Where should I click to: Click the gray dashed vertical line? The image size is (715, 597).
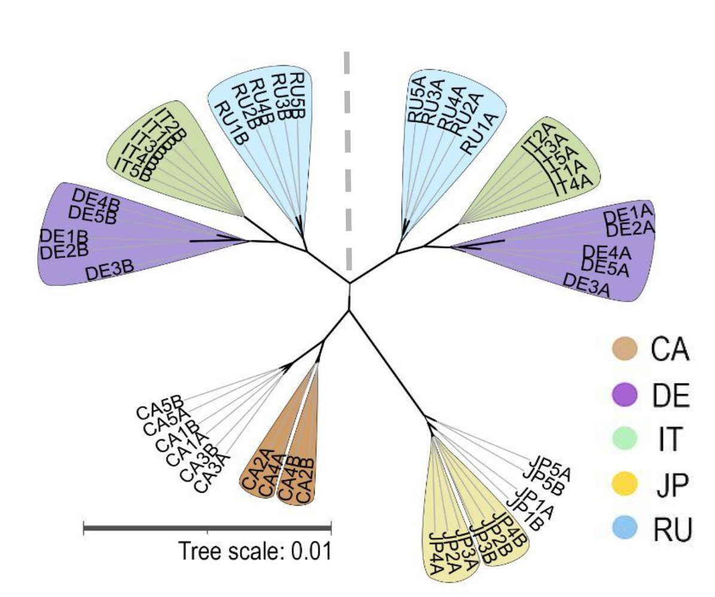(348, 162)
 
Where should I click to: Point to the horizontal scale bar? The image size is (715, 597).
(207, 528)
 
